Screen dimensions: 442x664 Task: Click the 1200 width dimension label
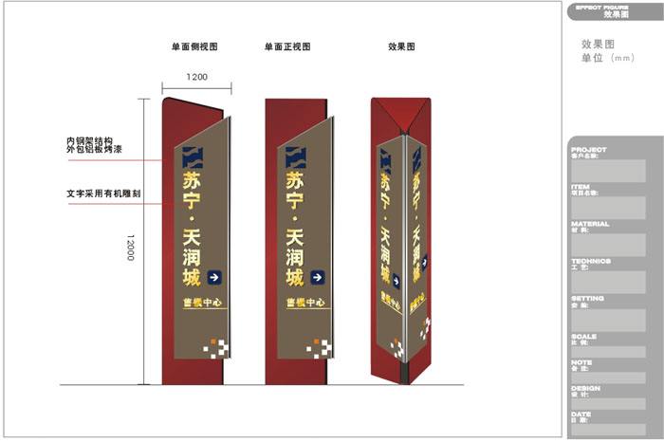pyautogui.click(x=196, y=76)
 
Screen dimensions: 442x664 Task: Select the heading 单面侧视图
pyautogui.click(x=195, y=46)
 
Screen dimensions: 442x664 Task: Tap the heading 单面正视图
pyautogui.click(x=287, y=46)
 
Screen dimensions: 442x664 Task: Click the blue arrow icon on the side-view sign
pyautogui.click(x=214, y=278)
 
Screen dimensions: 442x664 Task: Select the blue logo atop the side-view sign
pyautogui.click(x=194, y=157)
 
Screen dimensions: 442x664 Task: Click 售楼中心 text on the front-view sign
pyautogui.click(x=305, y=304)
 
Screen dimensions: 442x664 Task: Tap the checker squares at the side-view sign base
pyautogui.click(x=216, y=347)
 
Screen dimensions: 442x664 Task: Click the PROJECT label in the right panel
pyautogui.click(x=589, y=150)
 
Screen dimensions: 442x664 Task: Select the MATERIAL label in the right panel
pyautogui.click(x=591, y=224)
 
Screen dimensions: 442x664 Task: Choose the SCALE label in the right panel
pyautogui.click(x=584, y=336)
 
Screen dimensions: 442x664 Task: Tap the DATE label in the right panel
pyautogui.click(x=581, y=414)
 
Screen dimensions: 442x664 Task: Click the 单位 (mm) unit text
pyautogui.click(x=607, y=58)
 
